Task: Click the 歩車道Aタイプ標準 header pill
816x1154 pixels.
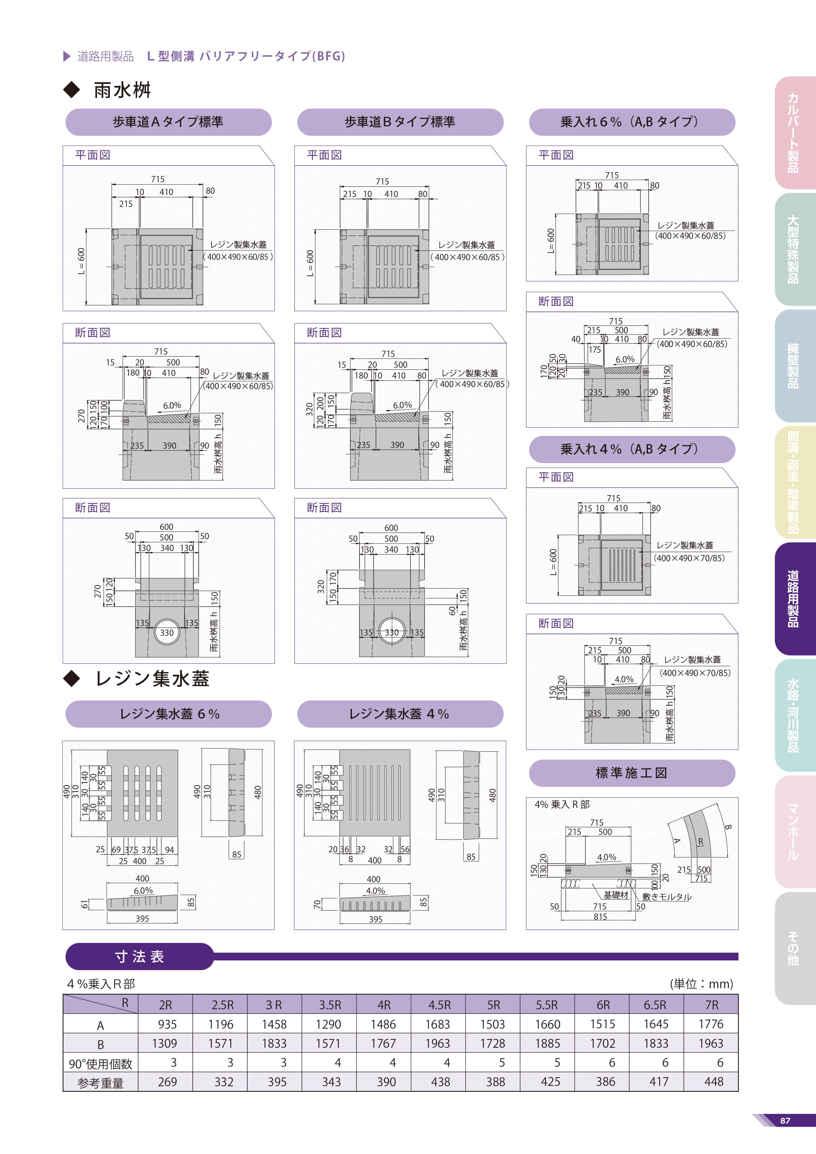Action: click(168, 122)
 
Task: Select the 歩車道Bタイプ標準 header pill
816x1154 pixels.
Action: click(400, 122)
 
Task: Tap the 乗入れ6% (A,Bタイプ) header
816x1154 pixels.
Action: click(631, 122)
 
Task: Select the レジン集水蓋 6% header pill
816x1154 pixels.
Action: click(168, 714)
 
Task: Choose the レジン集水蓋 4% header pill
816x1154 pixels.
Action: click(400, 714)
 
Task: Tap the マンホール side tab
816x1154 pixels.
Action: click(794, 832)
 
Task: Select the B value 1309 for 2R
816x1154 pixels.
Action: click(165, 1043)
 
